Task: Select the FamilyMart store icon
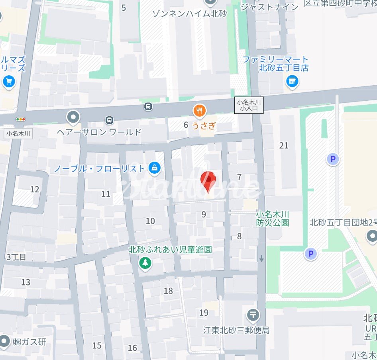click(292, 81)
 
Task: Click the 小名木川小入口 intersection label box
click(249, 105)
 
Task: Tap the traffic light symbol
click(20, 119)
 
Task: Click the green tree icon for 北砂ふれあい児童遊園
click(145, 263)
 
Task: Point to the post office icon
click(253, 315)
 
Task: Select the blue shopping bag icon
click(154, 168)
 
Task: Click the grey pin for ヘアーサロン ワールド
click(73, 117)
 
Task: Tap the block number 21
click(284, 146)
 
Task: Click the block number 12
click(35, 189)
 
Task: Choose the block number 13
click(26, 282)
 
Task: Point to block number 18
click(169, 291)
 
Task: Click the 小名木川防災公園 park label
click(273, 218)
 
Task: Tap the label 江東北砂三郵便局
click(236, 330)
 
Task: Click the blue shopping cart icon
click(8, 82)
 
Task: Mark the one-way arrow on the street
click(261, 258)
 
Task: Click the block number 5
click(124, 8)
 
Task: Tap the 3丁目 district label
click(16, 257)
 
